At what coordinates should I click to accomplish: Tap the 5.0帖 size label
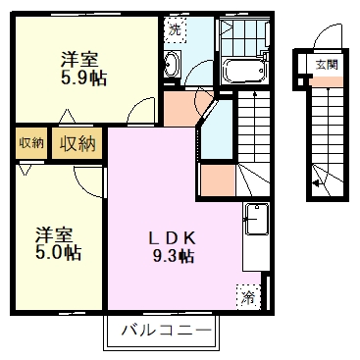(60, 252)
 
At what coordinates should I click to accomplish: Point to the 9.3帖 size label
(173, 257)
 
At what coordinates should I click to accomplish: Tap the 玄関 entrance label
(325, 65)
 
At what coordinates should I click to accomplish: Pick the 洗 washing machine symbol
(175, 28)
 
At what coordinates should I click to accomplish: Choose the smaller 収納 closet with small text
(30, 143)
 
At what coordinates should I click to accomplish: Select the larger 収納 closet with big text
(77, 144)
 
